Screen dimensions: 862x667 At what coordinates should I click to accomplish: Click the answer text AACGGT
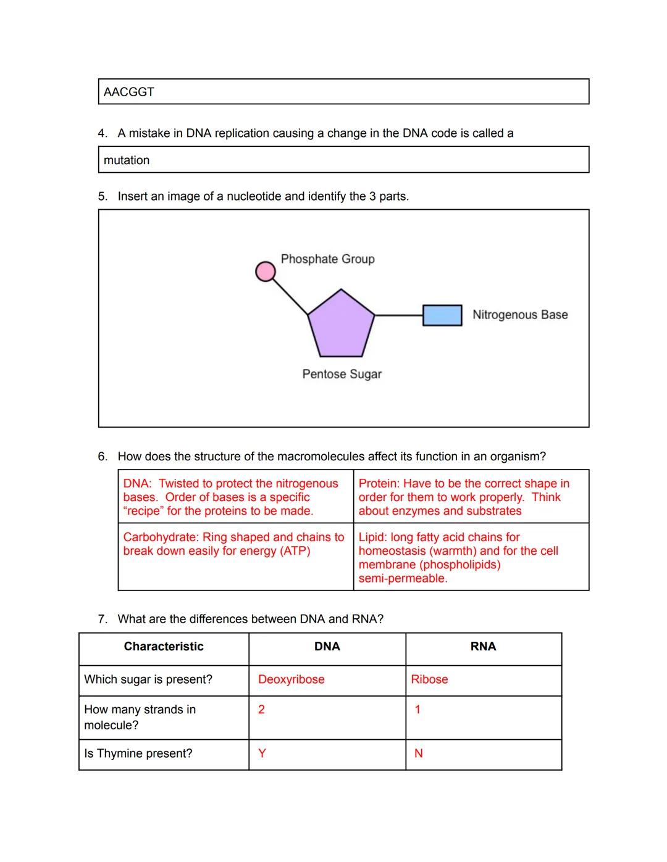pos(129,92)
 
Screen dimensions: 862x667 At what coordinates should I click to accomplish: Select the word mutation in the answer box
pos(127,160)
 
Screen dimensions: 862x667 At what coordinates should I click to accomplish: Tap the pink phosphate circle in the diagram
pos(266,271)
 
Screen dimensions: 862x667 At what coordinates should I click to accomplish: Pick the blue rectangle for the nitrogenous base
pos(442,315)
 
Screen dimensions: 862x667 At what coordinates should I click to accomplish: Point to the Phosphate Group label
pos(327,259)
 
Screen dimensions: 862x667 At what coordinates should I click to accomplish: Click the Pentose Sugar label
pos(342,374)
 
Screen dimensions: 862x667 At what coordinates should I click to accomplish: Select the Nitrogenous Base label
pos(520,315)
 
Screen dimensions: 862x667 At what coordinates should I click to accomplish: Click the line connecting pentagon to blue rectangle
pos(398,315)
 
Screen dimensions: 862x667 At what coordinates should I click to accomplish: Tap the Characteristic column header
pos(164,647)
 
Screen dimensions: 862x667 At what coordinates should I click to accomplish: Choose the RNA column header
pos(483,647)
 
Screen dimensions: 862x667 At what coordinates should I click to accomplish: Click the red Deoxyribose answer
pos(291,679)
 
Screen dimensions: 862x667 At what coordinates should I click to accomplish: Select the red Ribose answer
pos(429,679)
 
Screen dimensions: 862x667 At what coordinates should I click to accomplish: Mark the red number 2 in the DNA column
pos(261,710)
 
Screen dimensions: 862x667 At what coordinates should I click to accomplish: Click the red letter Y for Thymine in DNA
pos(262,753)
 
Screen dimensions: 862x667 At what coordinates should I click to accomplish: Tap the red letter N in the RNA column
pos(418,753)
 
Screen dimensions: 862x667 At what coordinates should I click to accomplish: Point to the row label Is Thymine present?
pos(138,753)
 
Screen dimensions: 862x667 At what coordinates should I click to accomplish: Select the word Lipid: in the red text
pos(372,537)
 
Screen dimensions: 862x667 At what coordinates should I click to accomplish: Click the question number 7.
pos(102,619)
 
